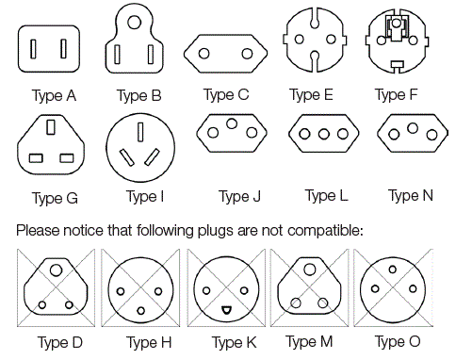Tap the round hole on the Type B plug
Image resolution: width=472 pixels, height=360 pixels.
coord(138,17)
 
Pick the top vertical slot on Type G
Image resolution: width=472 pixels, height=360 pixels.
coord(50,125)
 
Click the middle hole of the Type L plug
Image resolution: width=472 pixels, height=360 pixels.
coord(324,135)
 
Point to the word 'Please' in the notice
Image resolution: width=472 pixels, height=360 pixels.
coord(35,230)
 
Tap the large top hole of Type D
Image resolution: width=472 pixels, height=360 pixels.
coord(57,270)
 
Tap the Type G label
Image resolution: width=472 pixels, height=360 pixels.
coord(55,198)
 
